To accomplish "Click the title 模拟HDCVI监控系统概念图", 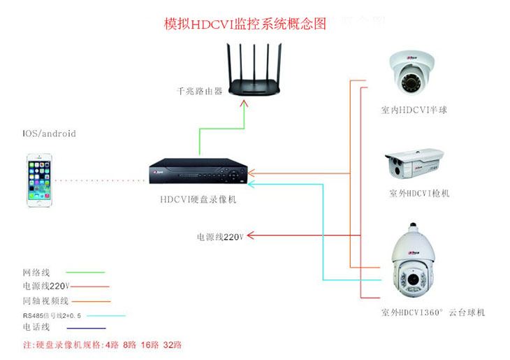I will point(245,23).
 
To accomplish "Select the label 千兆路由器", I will point(199,91).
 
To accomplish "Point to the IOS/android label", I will point(49,134).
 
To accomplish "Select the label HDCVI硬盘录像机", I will point(198,199).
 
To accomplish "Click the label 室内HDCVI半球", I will point(414,110).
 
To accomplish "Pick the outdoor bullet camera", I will point(414,166).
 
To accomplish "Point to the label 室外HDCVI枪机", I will point(419,193).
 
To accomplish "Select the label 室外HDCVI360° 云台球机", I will point(432,312).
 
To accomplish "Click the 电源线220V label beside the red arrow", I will point(219,237).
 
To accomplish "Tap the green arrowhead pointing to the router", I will point(245,103).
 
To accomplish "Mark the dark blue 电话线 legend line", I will point(85,328).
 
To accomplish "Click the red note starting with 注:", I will point(101,345).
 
